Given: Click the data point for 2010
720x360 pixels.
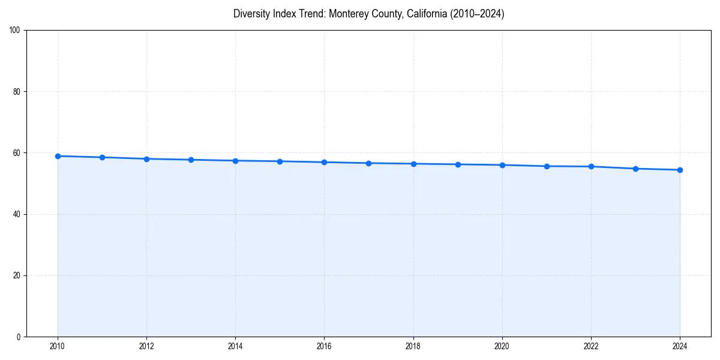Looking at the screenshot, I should pos(58,156).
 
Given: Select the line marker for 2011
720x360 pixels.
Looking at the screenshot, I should pos(102,157).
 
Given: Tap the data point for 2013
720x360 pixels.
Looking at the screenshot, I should pos(191,160).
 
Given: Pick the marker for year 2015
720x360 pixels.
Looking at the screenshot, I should pos(280,161).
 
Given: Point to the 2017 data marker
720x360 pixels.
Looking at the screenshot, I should pos(368,163).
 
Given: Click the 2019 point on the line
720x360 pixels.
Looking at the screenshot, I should pos(458,164).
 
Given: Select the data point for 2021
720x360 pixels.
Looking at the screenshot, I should pos(547,166).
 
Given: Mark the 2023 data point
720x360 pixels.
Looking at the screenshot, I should pos(635,169).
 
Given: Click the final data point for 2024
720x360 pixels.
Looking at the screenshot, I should pos(680,170).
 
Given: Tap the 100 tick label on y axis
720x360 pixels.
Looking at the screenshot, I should pos(15,31).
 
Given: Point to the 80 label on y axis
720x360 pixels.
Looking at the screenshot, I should pos(17,92).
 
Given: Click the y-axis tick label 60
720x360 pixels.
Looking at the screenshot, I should pos(17,153).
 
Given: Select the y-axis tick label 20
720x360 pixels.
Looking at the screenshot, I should pos(17,275).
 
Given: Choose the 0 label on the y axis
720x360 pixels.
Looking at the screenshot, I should pos(19,337).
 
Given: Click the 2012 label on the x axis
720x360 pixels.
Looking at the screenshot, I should pos(146,346).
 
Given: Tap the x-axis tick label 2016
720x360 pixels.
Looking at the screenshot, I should pos(324,346).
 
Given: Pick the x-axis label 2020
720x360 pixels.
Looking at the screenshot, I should pos(502,346).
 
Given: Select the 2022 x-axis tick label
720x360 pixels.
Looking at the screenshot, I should pos(591,346).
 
